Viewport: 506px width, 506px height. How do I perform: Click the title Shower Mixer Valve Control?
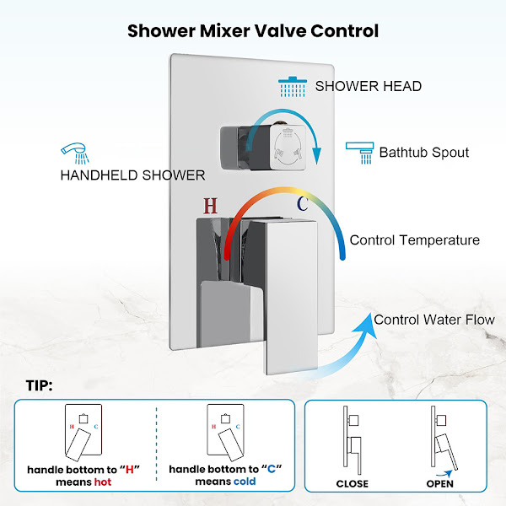(x=253, y=31)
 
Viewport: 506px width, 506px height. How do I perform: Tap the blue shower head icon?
(x=293, y=87)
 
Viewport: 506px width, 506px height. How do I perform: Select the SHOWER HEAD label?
(x=369, y=86)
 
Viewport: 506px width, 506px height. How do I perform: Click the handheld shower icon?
(x=75, y=153)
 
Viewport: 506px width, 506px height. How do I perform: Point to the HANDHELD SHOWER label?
(x=132, y=175)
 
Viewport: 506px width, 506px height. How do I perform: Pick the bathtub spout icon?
(x=360, y=153)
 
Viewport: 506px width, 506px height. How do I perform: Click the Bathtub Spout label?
(x=424, y=153)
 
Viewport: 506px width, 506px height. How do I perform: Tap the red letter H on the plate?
(x=210, y=206)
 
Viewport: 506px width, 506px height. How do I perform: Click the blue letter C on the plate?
(x=303, y=203)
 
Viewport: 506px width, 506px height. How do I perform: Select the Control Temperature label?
(x=415, y=240)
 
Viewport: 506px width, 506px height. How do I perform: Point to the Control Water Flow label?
(x=434, y=320)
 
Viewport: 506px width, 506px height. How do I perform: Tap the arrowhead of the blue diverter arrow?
(x=317, y=155)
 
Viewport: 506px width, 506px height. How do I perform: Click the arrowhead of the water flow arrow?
(x=367, y=325)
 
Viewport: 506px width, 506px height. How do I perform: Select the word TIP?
(x=39, y=385)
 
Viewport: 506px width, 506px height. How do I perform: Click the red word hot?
(x=103, y=482)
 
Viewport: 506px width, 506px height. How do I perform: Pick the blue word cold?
(x=245, y=482)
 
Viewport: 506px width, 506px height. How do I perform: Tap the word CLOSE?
(x=352, y=484)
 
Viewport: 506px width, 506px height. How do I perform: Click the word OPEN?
(x=440, y=484)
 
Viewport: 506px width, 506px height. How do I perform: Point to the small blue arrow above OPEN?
(x=444, y=474)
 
